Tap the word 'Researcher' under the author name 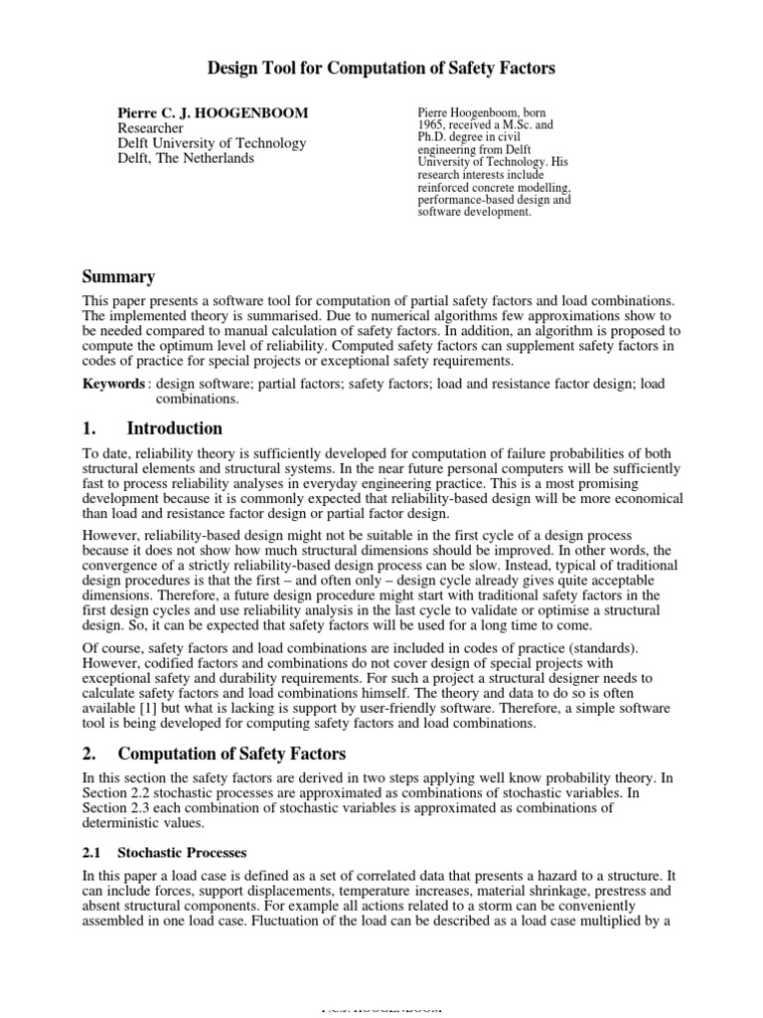151,128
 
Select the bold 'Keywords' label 112,383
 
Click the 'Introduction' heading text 175,428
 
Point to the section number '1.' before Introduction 87,428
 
